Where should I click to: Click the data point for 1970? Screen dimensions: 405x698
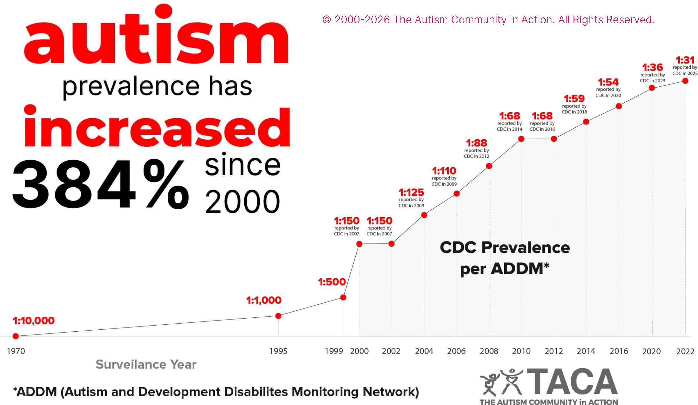click(16, 336)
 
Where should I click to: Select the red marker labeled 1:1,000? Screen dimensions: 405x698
click(278, 316)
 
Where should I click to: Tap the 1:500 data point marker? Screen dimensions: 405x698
click(343, 297)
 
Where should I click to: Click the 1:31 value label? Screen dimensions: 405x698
click(685, 60)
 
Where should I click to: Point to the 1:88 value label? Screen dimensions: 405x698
click(476, 143)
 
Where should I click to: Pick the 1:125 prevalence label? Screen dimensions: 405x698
click(411, 192)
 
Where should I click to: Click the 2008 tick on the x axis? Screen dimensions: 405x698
click(489, 351)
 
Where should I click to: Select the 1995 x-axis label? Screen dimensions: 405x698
click(278, 351)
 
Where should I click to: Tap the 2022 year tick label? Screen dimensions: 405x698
click(685, 351)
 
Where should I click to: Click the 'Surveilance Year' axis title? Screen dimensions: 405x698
click(146, 364)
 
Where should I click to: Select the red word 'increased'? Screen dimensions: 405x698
click(157, 128)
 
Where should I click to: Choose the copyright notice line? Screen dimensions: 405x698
click(488, 20)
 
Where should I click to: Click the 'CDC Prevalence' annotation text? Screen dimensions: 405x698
click(505, 248)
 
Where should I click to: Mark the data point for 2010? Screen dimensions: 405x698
click(521, 139)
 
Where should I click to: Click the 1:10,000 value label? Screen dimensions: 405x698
click(33, 321)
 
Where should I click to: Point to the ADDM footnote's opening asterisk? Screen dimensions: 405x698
click(15, 389)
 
